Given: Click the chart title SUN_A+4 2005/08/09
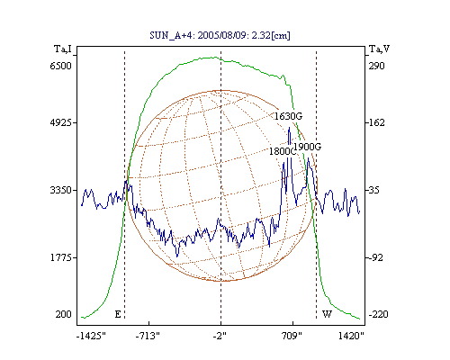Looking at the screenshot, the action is tap(220, 35).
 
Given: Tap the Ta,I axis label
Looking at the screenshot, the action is tap(63, 49).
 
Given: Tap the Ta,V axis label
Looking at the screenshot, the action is tap(379, 49).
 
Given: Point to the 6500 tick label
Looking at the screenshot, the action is tap(60, 66).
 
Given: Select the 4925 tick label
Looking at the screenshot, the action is tap(60, 122).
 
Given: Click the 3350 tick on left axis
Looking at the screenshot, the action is tap(60, 190).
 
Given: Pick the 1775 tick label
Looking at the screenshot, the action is tap(60, 257).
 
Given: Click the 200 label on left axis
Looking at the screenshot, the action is tap(63, 314).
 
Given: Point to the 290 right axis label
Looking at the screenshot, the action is tap(377, 66).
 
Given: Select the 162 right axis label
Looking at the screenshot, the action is tap(375, 122).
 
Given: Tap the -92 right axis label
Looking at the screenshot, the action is tap(374, 257).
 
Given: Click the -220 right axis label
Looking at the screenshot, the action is tap(378, 314).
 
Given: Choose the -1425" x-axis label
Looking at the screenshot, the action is tap(91, 336).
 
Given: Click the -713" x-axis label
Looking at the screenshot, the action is tap(148, 336).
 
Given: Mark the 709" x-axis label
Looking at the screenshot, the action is tap(292, 336).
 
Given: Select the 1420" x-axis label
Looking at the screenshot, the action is tap(351, 336).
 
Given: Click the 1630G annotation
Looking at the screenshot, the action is tap(288, 116).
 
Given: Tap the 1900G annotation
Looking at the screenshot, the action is tap(307, 147).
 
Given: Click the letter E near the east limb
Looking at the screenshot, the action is tap(118, 314).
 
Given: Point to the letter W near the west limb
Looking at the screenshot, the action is tap(327, 314).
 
